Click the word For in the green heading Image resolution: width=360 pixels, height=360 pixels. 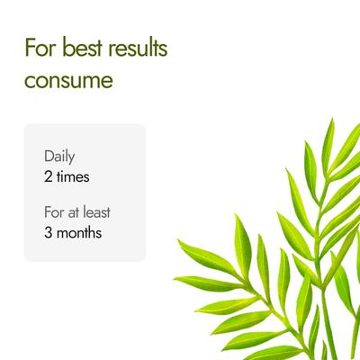click(38, 49)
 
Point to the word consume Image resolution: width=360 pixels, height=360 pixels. click(69, 80)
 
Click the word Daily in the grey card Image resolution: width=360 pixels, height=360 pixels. click(59, 157)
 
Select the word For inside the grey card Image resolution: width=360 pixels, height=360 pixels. click(54, 213)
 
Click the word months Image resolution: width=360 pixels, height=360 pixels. click(81, 233)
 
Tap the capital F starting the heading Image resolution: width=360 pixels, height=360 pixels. click(30, 49)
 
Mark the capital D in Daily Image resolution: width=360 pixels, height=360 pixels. click(49, 157)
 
